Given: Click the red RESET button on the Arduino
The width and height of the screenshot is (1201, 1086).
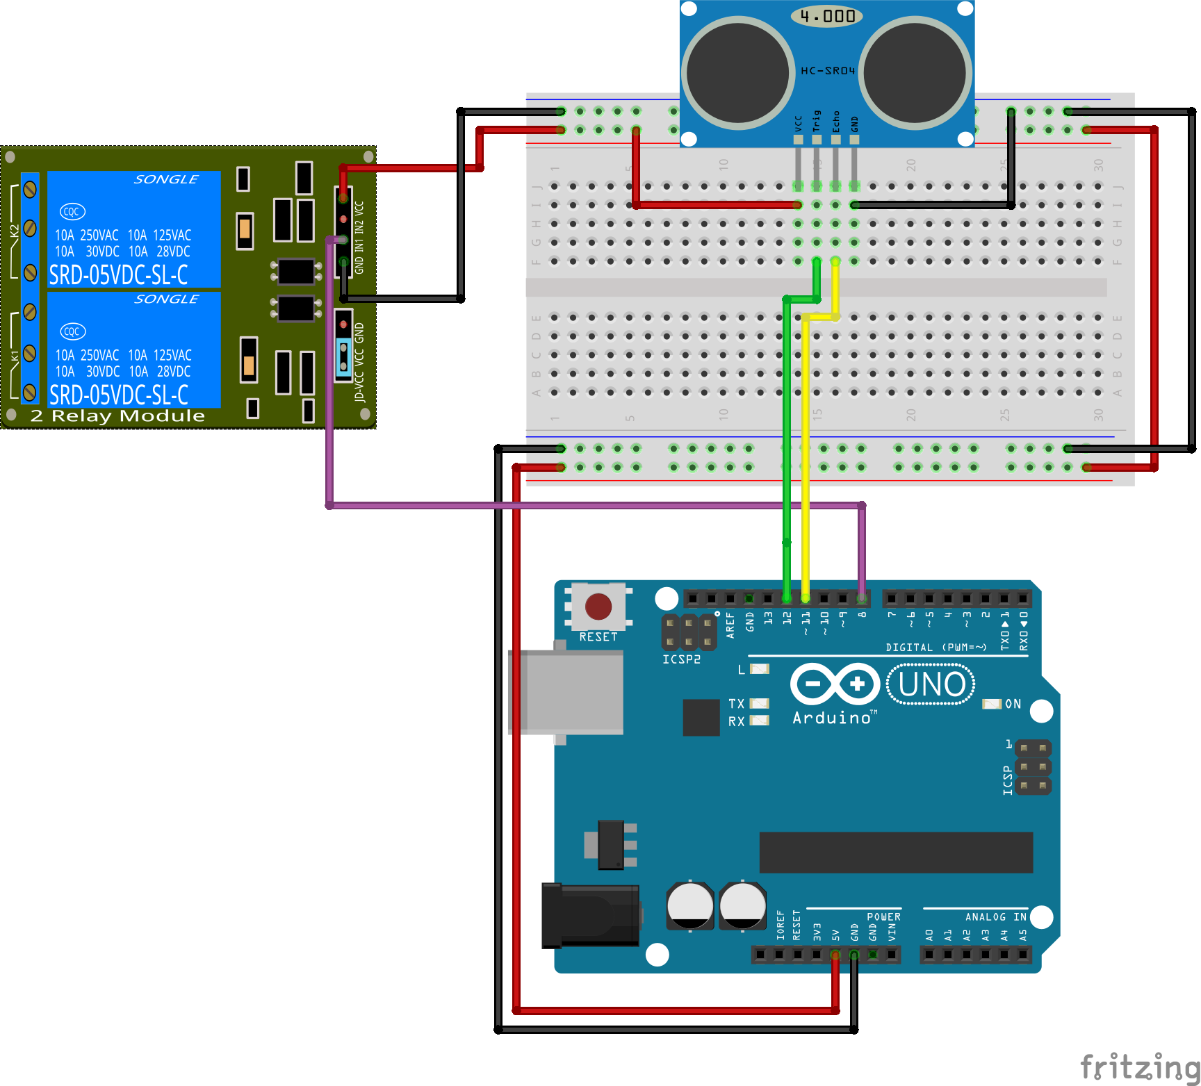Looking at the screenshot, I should pos(598,607).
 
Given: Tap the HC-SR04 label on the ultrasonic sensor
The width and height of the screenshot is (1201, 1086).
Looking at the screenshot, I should pos(827,71).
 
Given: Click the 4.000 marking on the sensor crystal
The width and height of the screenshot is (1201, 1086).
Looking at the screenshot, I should pos(827,16).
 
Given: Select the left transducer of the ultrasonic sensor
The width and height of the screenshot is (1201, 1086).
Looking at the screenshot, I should pos(737,73).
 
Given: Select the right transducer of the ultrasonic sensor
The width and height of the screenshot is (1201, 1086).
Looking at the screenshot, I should pos(915,73).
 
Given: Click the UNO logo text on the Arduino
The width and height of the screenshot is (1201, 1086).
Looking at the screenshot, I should pos(931,684).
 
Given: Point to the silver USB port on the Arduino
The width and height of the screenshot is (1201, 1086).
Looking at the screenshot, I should pos(566,692).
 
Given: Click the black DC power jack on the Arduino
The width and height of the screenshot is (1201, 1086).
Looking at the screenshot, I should pos(591,915).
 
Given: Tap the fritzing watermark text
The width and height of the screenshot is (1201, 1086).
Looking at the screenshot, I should pos(1140,1067).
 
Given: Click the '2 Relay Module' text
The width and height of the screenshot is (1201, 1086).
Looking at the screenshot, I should pos(117,416).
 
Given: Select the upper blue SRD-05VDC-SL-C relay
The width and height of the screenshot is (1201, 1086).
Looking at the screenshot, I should pos(133,229).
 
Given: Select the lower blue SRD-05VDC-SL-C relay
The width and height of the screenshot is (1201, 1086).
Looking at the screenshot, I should pos(133,349).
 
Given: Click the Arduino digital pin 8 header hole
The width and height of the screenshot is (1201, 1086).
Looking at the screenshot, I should pos(862,598).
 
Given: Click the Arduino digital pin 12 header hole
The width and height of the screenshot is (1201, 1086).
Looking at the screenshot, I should pos(787,598).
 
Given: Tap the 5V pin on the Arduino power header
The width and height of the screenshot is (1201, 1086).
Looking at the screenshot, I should pos(835,955).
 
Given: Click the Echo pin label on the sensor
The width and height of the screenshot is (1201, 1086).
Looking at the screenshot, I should pos(836,121).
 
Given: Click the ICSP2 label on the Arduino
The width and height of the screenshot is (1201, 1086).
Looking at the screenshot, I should pos(681,659).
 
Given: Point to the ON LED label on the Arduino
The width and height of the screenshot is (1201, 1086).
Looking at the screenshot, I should pos(1013,704).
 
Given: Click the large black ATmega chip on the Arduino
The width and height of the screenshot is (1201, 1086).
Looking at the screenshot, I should pos(896,853).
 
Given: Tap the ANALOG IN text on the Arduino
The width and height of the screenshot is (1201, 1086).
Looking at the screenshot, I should pos(995,917).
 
